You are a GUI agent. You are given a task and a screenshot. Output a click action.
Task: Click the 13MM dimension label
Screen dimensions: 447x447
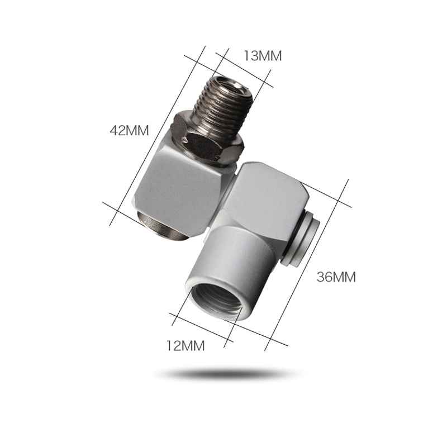(x=262, y=56)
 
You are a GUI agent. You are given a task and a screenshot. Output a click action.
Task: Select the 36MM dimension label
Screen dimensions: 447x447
(x=336, y=277)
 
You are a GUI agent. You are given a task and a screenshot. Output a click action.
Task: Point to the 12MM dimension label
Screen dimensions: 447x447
(x=186, y=345)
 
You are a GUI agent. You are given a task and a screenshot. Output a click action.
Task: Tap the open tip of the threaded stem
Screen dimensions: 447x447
(x=229, y=83)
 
